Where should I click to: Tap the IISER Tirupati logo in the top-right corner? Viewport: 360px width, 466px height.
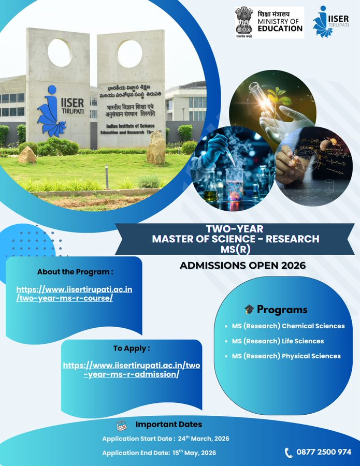pos(330,22)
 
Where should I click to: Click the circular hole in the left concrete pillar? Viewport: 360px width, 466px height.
pos(60,52)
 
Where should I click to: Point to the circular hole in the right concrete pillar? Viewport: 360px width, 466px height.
pos(129,54)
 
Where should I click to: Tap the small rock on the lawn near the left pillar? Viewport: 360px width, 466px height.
pos(27,154)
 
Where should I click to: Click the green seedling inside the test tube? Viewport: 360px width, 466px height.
pos(278,96)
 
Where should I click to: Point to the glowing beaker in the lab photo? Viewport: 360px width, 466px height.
pos(235,184)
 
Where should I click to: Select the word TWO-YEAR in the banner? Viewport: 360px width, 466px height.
pos(235,229)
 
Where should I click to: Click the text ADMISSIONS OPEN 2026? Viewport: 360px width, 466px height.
pos(242,265)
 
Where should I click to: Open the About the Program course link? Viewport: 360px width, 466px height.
pos(74,294)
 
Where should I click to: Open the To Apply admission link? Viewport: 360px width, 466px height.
pos(132,370)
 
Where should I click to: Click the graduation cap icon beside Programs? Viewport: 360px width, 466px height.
pos(249,310)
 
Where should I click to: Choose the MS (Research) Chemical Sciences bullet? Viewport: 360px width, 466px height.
pos(288,326)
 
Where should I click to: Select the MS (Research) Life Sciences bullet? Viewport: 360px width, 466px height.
pos(278,341)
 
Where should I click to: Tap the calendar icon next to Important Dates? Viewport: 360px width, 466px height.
pos(122,426)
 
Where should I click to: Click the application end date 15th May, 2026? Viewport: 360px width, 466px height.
pos(194,453)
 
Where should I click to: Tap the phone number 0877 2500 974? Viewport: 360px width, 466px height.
pos(324,452)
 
